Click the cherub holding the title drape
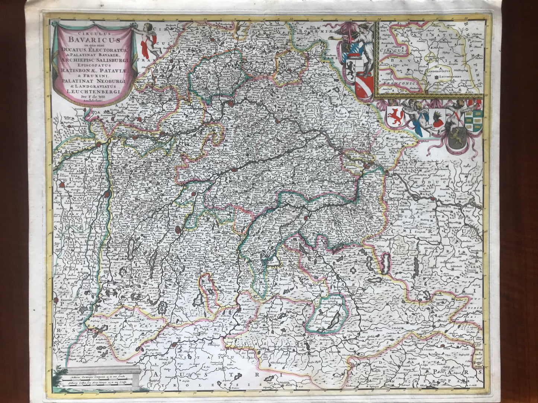click(143, 40)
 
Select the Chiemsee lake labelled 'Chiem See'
click(272, 262)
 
